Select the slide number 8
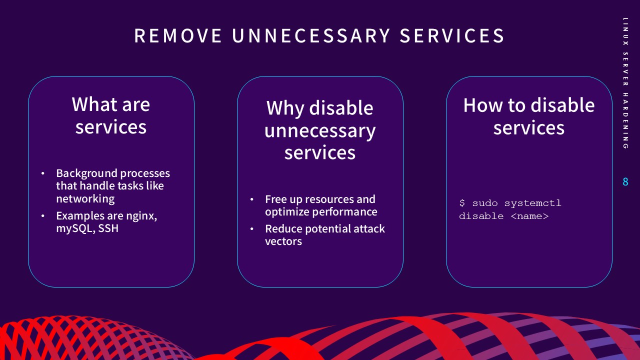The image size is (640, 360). tap(625, 182)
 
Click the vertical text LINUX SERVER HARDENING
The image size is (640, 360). tap(625, 83)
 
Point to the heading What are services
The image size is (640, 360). tap(111, 115)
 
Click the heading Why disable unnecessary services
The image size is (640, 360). tap(320, 130)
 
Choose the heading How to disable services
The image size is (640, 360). tap(529, 116)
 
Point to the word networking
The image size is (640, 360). tap(85, 198)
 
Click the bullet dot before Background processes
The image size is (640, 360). tap(43, 173)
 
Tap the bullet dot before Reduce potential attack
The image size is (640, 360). tap(252, 229)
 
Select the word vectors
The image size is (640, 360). tap(283, 241)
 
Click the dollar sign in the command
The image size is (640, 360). tap(462, 203)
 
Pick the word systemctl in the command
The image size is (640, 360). tap(532, 203)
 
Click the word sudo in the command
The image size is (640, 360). tap(485, 203)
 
